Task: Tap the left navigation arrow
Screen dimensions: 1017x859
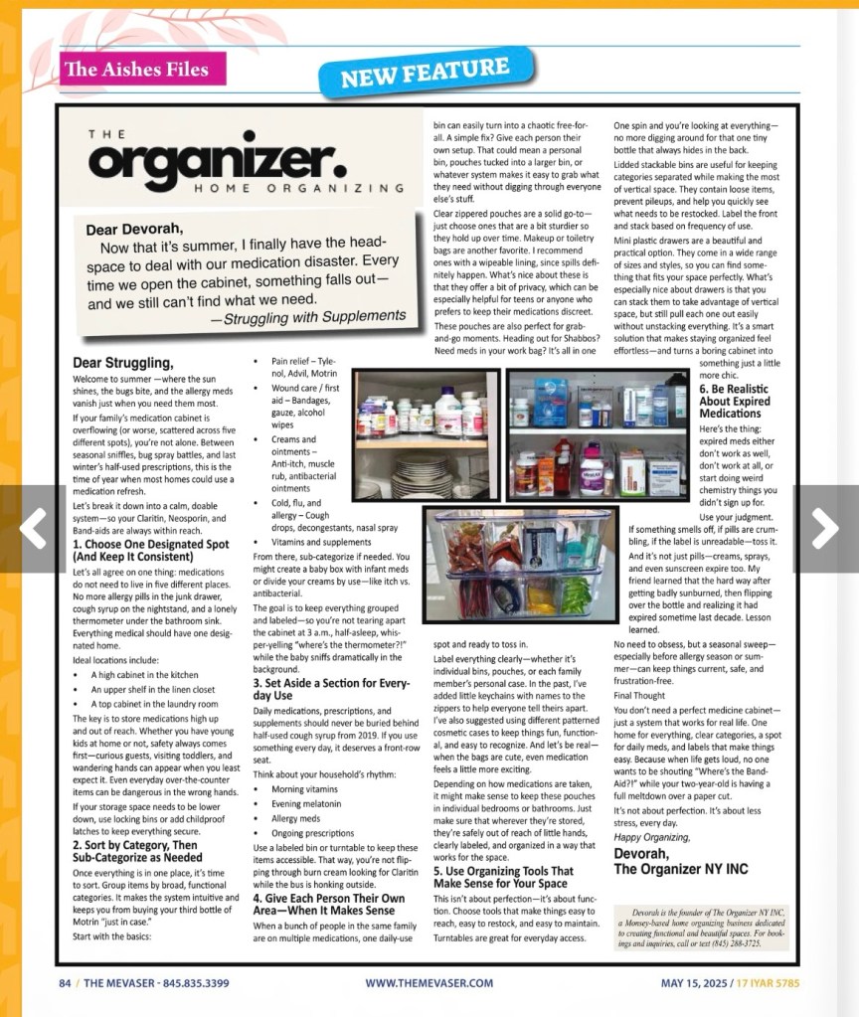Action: click(33, 528)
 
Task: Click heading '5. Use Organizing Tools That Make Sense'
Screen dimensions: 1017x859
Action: click(503, 877)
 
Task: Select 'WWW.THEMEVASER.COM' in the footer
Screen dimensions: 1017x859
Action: click(429, 983)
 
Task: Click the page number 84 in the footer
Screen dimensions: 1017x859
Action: click(65, 983)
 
